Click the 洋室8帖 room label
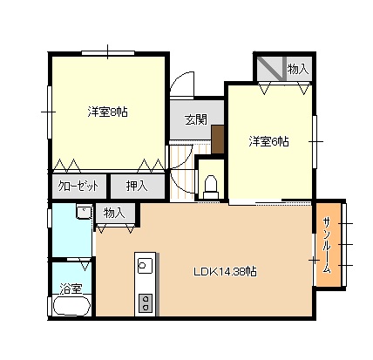tap(108, 112)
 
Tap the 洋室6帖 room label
tap(268, 141)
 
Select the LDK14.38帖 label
tap(225, 272)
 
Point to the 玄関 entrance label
tap(196, 119)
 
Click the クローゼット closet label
tap(78, 186)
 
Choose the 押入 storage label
tap(137, 186)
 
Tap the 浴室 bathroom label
tap(71, 289)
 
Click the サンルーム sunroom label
tap(328, 246)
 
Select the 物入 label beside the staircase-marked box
tap(298, 69)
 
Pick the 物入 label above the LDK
tap(114, 213)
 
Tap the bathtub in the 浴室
tap(71, 305)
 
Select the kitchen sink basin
tap(146, 265)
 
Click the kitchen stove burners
tap(146, 302)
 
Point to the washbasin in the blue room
tap(84, 211)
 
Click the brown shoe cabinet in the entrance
tap(218, 139)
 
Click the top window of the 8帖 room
tap(108, 53)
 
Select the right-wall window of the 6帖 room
tap(315, 141)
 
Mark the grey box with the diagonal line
tap(270, 69)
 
